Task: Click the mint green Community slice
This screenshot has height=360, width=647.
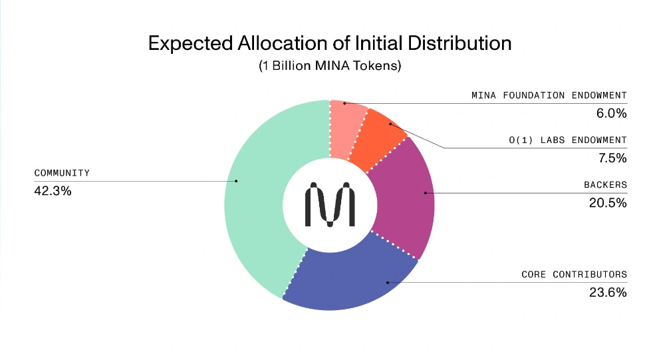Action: pyautogui.click(x=256, y=200)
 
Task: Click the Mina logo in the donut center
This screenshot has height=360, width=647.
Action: pyautogui.click(x=329, y=206)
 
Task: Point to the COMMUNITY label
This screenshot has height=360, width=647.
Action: pyautogui.click(x=62, y=173)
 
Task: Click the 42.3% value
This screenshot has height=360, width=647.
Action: pyautogui.click(x=53, y=191)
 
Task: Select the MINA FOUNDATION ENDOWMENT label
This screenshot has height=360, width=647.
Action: pyautogui.click(x=549, y=95)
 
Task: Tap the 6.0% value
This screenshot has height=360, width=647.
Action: pyautogui.click(x=612, y=113)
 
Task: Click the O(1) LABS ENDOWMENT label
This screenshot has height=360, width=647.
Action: pyautogui.click(x=567, y=140)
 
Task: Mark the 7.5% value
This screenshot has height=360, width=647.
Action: pyautogui.click(x=612, y=158)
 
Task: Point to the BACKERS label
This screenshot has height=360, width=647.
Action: pyautogui.click(x=605, y=184)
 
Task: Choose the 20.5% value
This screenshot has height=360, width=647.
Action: pyautogui.click(x=608, y=203)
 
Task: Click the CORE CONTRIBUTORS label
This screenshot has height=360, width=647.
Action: pyautogui.click(x=574, y=274)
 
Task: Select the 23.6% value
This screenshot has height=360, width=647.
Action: pyautogui.click(x=608, y=292)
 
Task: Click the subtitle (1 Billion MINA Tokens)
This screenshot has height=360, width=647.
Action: pyautogui.click(x=330, y=67)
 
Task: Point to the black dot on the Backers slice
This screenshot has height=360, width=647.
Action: pyautogui.click(x=426, y=194)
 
